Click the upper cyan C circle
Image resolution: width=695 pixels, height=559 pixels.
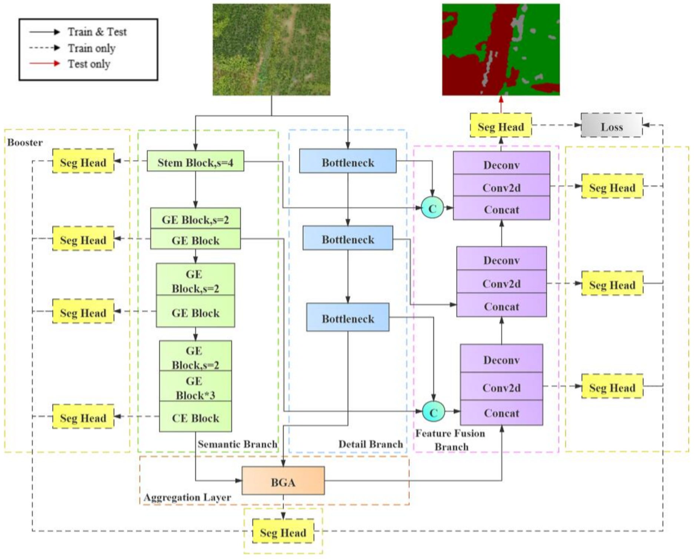(x=432, y=208)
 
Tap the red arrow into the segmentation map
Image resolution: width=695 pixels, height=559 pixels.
(x=501, y=104)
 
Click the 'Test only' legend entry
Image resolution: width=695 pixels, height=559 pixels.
(x=89, y=64)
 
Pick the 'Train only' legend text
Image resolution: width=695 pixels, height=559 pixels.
(x=91, y=48)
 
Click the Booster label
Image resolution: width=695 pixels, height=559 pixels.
(x=25, y=142)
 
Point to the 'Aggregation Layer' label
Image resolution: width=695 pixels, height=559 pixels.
(x=187, y=497)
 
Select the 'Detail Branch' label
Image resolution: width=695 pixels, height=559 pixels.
(x=370, y=444)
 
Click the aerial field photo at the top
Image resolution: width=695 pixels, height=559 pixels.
(x=271, y=49)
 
